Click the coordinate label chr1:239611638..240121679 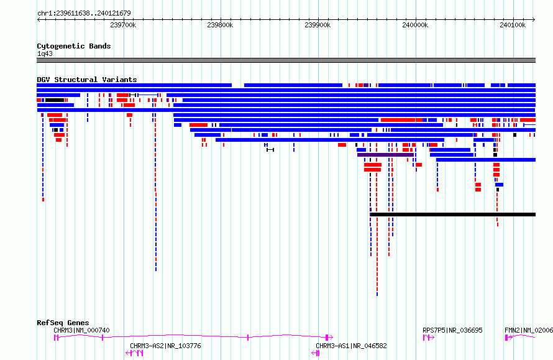84,13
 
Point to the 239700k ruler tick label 123,25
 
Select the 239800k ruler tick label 220,25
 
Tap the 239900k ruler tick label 318,25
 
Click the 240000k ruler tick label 415,25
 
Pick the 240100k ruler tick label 513,25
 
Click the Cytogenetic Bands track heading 74,46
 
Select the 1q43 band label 45,53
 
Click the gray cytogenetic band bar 286,60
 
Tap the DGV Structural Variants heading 87,80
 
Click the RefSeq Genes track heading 63,323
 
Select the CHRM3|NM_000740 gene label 81,330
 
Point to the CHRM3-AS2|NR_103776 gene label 165,346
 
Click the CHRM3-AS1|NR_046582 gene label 351,346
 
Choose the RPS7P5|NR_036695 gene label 452,330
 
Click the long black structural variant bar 453,215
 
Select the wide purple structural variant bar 385,155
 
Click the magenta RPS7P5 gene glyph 429,338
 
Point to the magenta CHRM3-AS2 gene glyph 134,353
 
